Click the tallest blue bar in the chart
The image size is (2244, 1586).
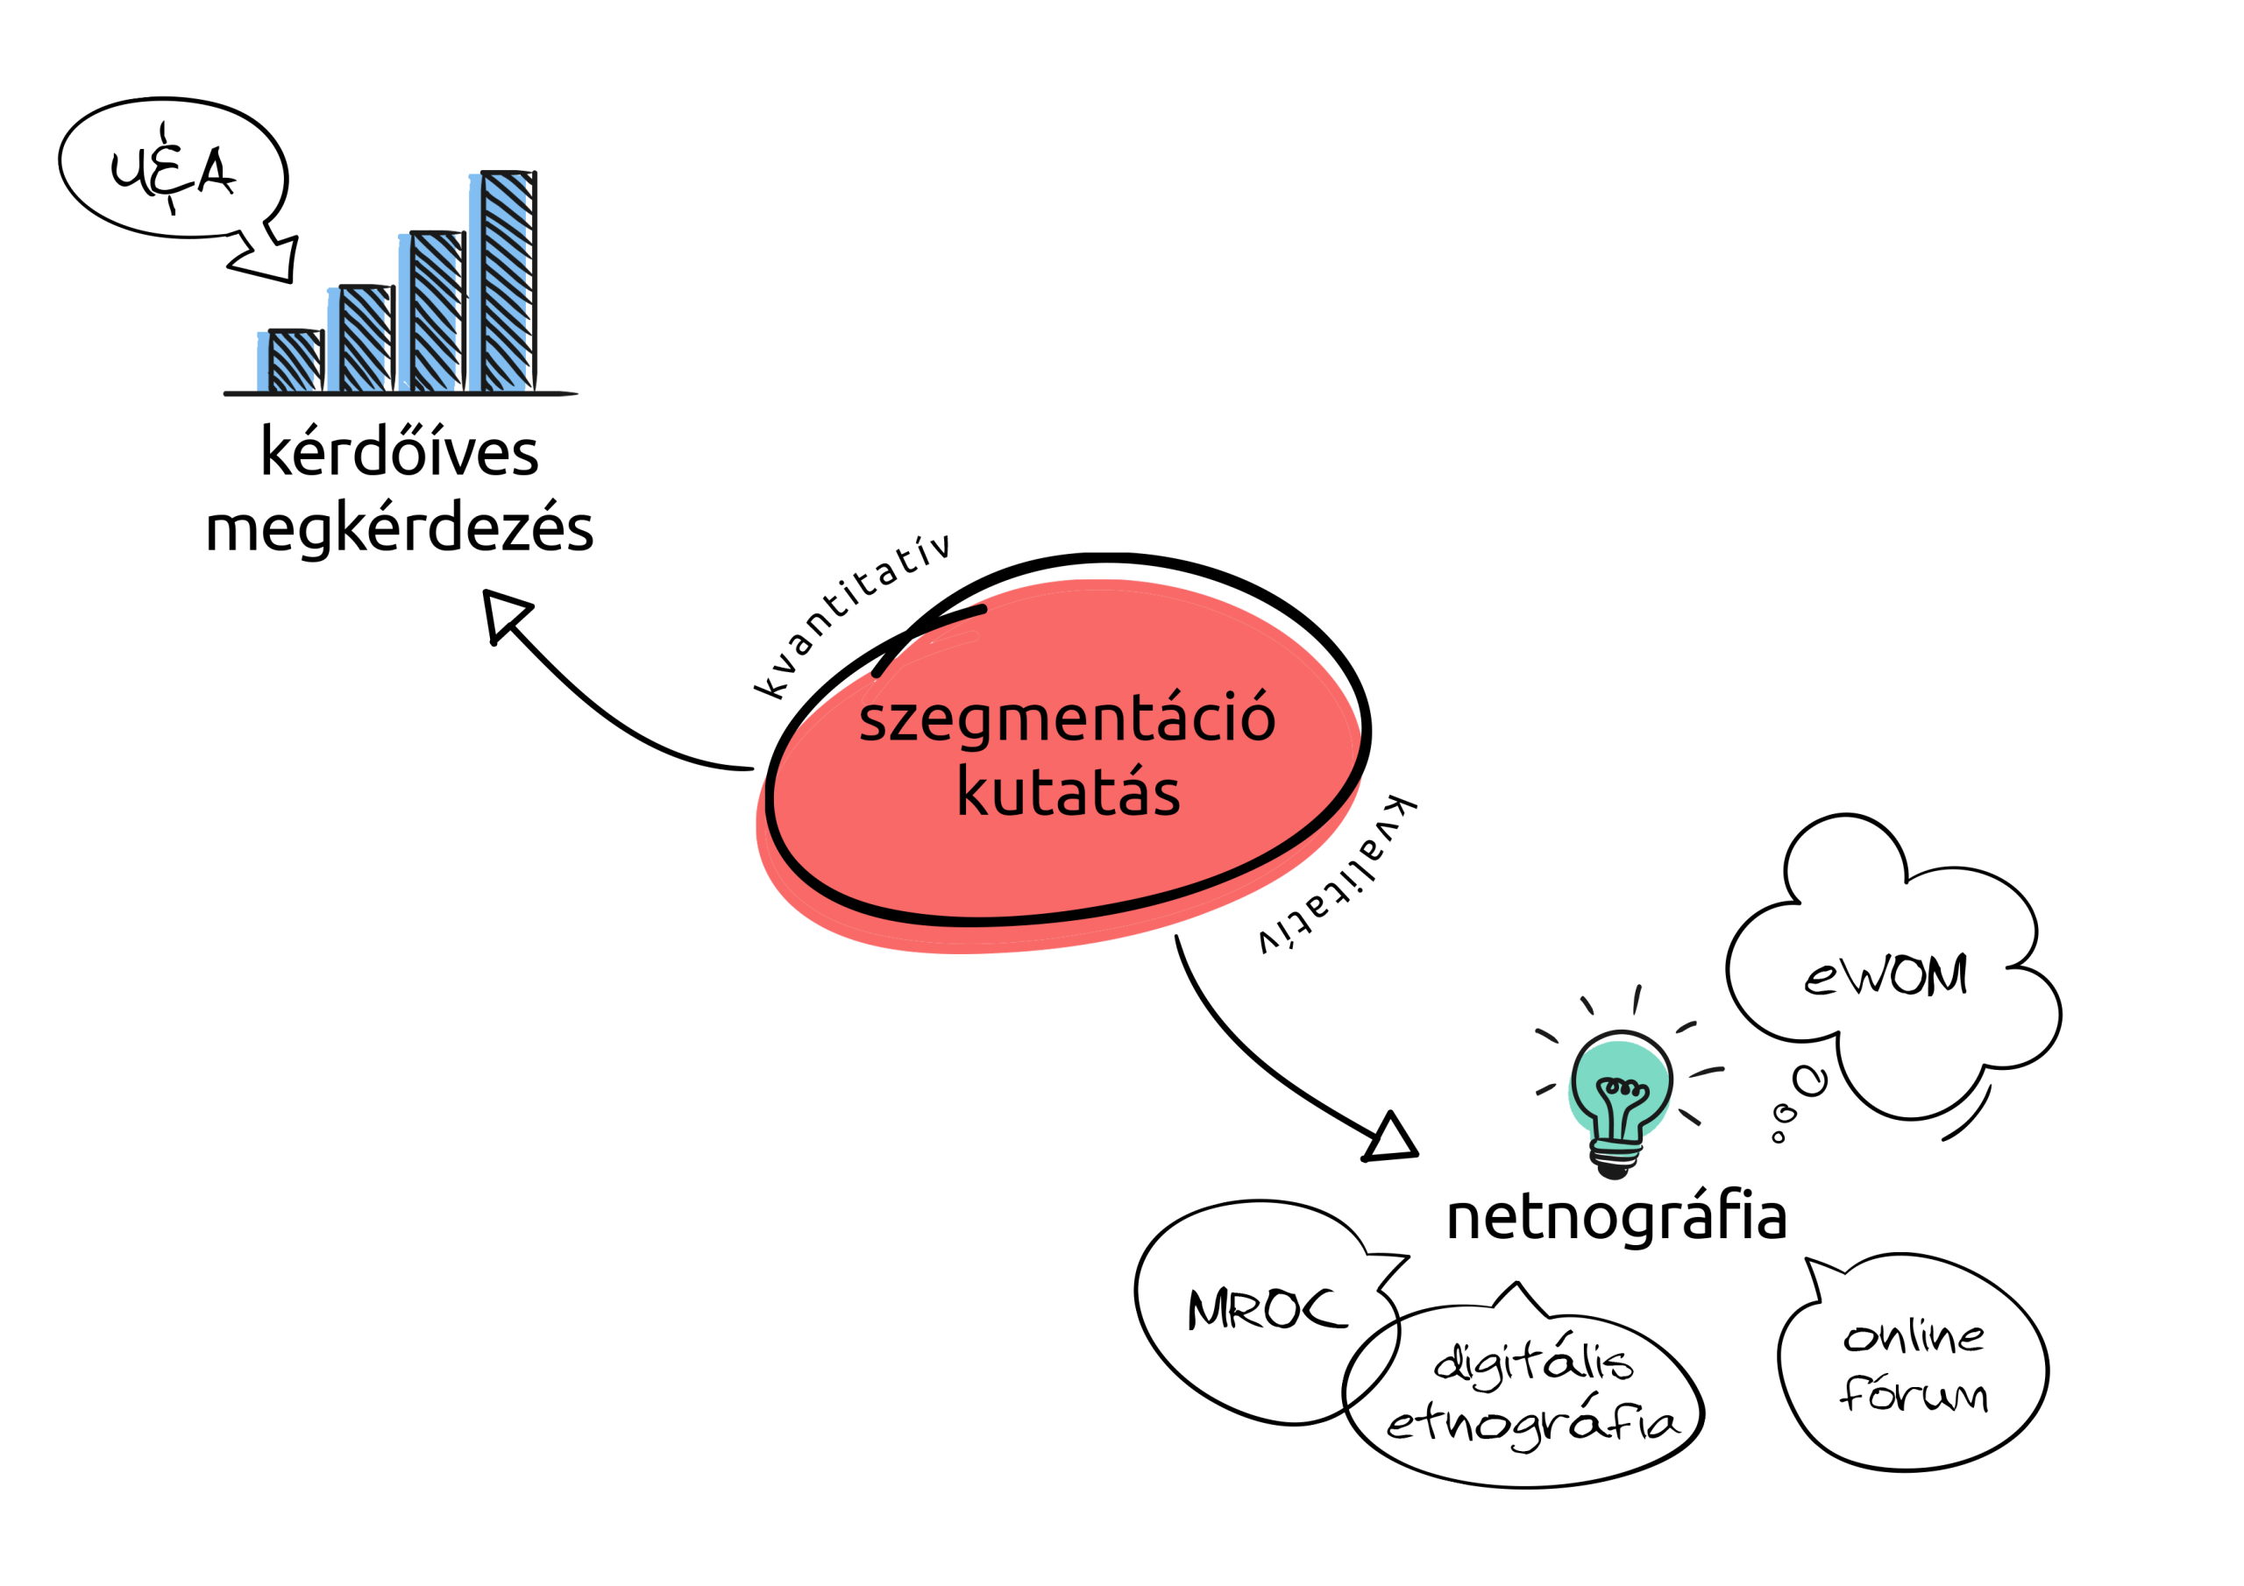[503, 281]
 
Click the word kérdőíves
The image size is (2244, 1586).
[400, 451]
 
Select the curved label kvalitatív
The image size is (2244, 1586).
[1337, 874]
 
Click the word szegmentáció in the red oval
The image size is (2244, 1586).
[1068, 719]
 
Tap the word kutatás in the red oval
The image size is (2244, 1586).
[1069, 790]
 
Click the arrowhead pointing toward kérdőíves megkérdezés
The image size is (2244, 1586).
[504, 616]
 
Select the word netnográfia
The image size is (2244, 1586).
[1616, 1216]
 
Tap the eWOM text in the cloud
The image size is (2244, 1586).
[1885, 975]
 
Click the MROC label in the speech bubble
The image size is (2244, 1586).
[1267, 1309]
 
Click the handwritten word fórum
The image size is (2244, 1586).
[1914, 1392]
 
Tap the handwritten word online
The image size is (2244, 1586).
[1914, 1336]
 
